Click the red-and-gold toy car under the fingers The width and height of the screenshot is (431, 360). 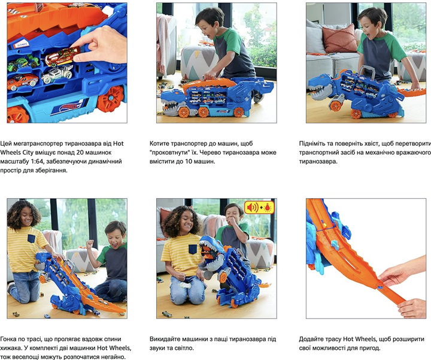click(62, 57)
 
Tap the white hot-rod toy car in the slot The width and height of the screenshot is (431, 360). click(57, 74)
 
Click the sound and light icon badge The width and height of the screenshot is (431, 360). click(259, 207)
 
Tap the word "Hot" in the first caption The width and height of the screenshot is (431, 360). click(119, 143)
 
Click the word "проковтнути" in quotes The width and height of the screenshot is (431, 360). click(170, 152)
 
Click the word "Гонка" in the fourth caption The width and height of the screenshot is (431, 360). click(8, 339)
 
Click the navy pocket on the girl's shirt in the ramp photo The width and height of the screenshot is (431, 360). click(31, 238)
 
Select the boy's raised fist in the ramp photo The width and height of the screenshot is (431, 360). click(90, 244)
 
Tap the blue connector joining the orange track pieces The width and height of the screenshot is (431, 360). click(380, 286)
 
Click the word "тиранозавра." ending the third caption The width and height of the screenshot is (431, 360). click(318, 161)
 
